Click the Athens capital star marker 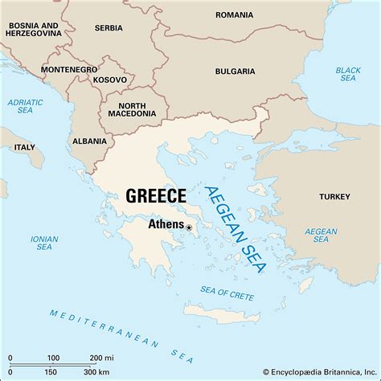point(190,227)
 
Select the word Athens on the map point(166,226)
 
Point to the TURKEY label point(334,196)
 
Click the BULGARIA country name point(235,72)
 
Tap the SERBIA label point(109,28)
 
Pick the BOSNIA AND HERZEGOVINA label point(37,30)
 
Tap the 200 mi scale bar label point(100,357)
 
